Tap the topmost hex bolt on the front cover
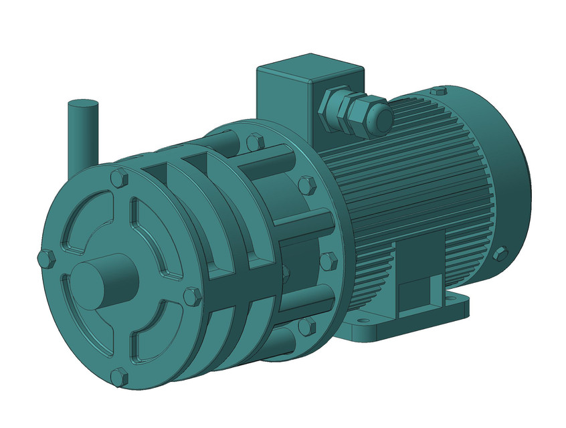pyautogui.click(x=118, y=178)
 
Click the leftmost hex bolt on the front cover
pyautogui.click(x=45, y=259)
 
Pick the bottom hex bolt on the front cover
pyautogui.click(x=119, y=377)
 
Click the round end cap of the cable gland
pyautogui.click(x=381, y=118)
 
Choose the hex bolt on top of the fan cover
pyautogui.click(x=438, y=91)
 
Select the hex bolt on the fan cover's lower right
pyautogui.click(x=500, y=253)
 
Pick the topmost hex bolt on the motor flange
pyautogui.click(x=255, y=142)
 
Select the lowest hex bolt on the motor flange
pyautogui.click(x=306, y=326)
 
